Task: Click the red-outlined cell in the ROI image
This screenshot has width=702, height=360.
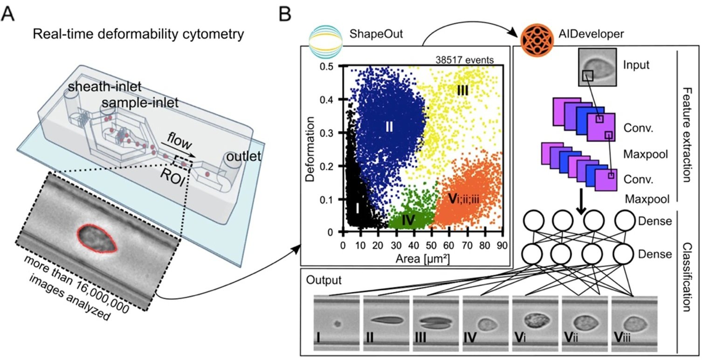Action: click(x=97, y=238)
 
